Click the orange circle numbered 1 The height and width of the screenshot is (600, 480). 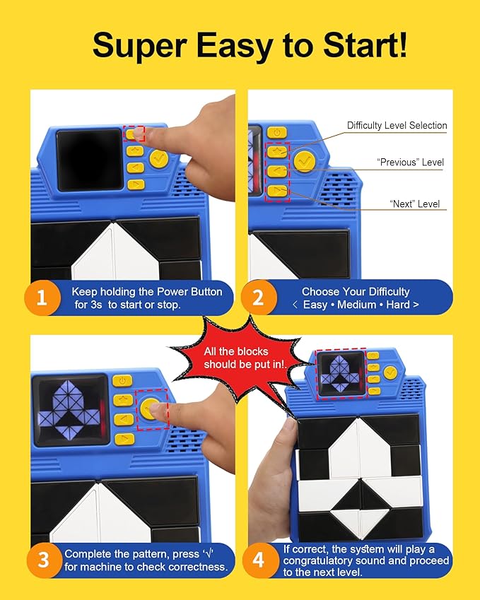pos(42,298)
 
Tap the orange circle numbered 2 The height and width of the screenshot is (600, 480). pos(259,298)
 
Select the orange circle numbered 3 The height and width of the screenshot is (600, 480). pos(43,560)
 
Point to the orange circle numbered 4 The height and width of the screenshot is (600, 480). pos(258,560)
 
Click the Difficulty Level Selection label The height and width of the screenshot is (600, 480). pos(397,126)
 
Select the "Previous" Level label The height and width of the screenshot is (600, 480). pos(410,163)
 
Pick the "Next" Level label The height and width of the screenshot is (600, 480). pos(415,204)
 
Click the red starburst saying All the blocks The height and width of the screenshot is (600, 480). pos(238,358)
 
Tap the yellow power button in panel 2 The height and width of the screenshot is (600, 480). pos(276,133)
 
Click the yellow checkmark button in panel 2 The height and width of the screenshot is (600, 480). pos(305,161)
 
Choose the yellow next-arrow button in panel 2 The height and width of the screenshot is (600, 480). pos(277,190)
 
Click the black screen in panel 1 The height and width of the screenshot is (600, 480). pos(89,160)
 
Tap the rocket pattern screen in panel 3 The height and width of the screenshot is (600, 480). pos(71,410)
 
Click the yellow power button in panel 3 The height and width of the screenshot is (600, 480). pos(122,381)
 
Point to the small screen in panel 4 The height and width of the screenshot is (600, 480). pos(341,374)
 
